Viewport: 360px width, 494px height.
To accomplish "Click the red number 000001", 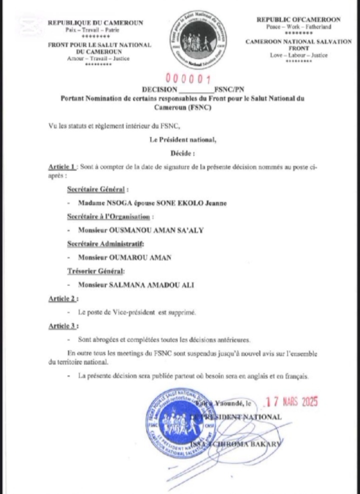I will coord(188,79).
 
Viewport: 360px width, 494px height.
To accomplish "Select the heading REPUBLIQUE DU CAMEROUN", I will coord(95,22).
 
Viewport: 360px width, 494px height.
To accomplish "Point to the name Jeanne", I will coord(214,203).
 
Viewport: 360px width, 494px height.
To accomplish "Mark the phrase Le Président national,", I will coord(183,139).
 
